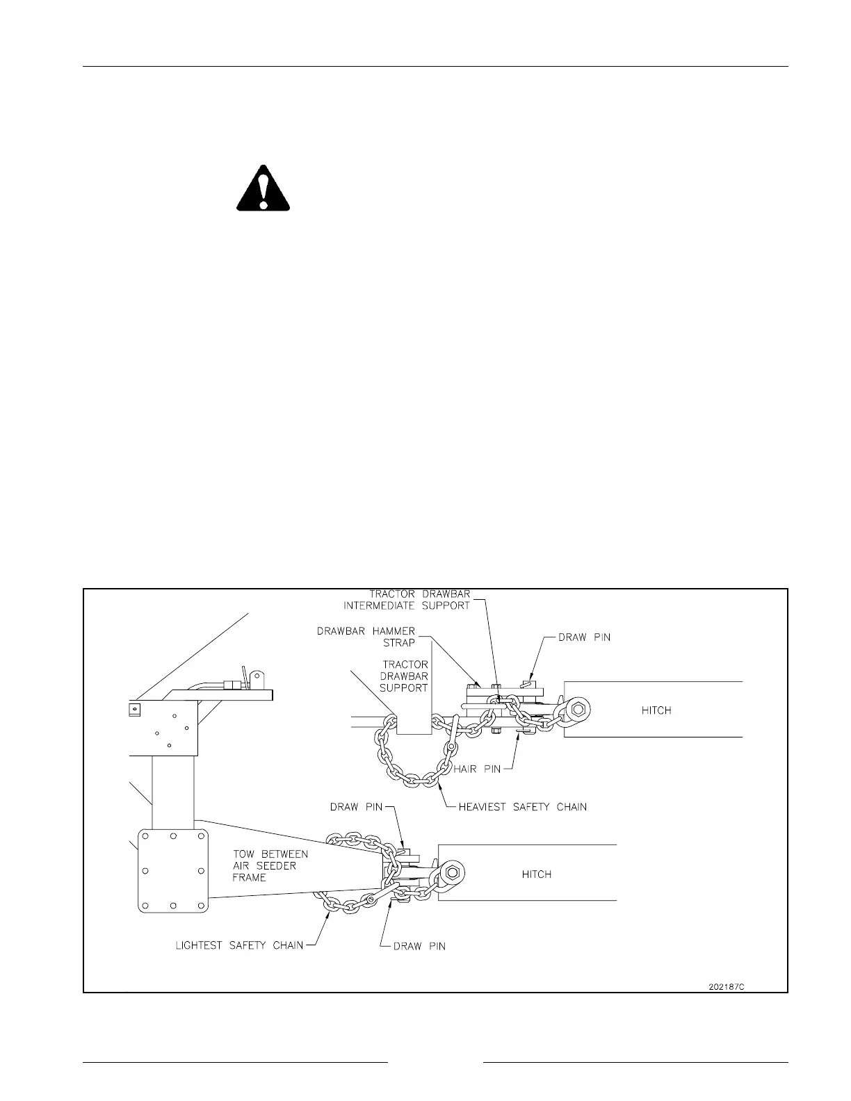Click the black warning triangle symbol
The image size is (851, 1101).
point(263,188)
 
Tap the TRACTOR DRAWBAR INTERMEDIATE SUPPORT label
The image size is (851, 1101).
point(419,600)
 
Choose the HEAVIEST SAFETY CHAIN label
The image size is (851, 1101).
point(522,807)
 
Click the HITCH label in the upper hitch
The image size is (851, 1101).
point(656,710)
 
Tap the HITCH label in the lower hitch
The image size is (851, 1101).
point(537,874)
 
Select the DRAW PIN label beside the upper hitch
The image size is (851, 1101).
point(585,637)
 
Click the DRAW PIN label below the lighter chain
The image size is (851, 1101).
point(419,946)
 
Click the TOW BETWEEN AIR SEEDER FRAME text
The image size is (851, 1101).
point(270,865)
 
